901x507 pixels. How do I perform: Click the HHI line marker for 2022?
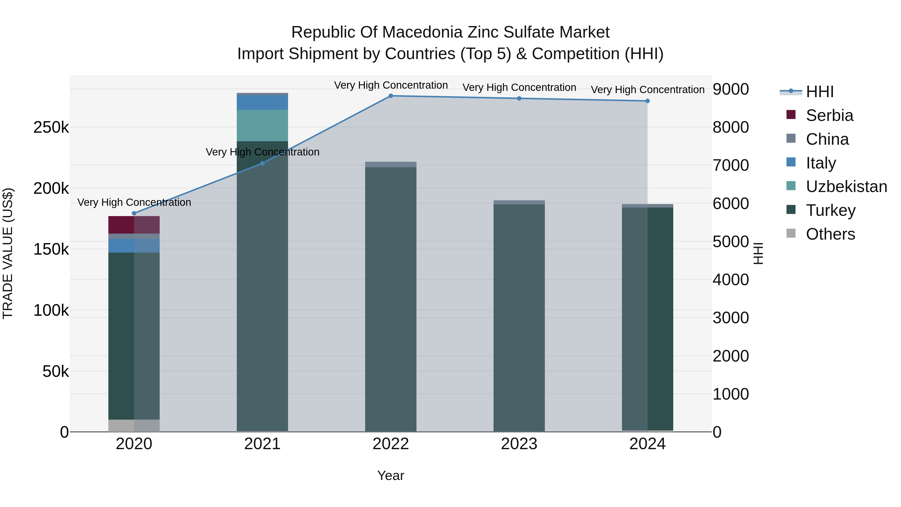tap(391, 96)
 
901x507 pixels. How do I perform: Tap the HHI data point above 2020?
tap(134, 213)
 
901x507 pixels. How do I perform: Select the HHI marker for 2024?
tap(647, 101)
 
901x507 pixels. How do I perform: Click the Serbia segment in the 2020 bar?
tap(134, 225)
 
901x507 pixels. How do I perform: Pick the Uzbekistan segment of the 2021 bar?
tap(262, 125)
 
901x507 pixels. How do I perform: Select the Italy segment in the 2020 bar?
tap(134, 246)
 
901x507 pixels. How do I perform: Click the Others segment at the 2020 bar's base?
tap(134, 425)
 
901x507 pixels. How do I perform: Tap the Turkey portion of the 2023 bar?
tap(519, 315)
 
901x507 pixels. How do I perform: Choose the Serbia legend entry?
tap(829, 115)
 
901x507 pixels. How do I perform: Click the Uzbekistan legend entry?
tap(846, 187)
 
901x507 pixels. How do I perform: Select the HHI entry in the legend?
tap(819, 92)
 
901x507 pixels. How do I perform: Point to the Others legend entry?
tap(830, 234)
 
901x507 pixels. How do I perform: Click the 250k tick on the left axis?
tap(51, 128)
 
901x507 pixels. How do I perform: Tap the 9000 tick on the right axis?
tap(731, 89)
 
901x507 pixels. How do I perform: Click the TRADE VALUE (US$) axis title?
tap(8, 253)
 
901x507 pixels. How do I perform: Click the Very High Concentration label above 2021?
tap(262, 152)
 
